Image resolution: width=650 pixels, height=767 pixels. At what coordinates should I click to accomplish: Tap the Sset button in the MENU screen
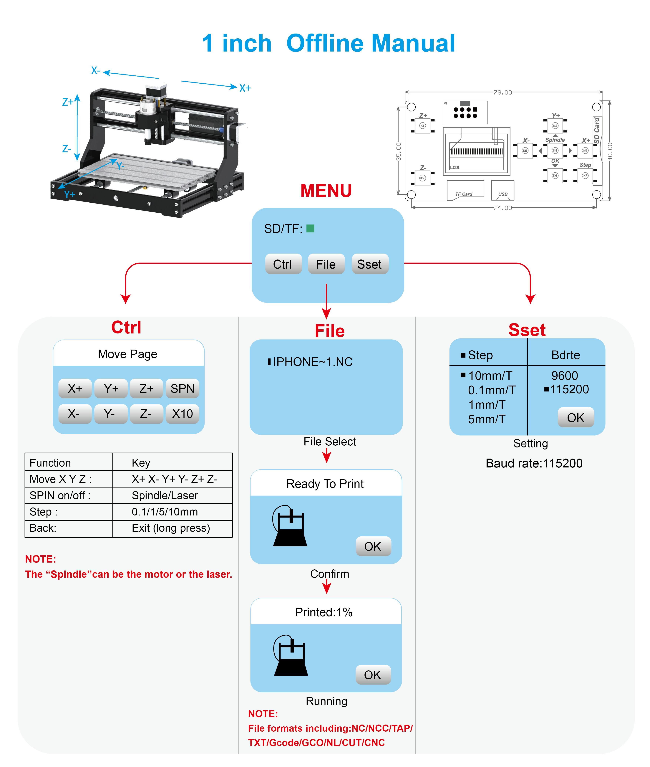pos(370,264)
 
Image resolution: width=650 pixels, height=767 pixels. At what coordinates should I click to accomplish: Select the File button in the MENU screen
pos(326,264)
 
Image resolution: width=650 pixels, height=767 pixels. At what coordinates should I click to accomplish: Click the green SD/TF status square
pos(310,229)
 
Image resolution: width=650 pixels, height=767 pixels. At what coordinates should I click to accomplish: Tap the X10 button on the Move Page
pos(182,414)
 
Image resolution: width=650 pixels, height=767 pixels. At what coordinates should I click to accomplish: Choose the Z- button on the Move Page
pos(146,414)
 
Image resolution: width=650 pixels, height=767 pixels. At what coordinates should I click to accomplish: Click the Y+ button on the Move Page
pos(111,389)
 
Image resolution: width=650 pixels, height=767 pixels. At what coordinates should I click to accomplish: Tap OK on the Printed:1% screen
pos(373,675)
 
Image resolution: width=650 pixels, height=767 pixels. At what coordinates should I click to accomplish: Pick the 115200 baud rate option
pos(569,389)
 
